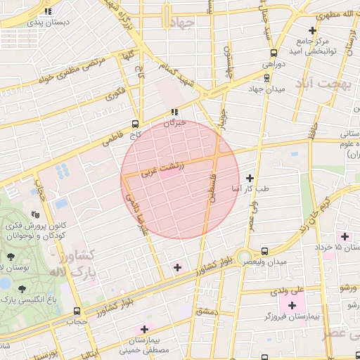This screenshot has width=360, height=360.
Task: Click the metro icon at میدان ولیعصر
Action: point(264,251)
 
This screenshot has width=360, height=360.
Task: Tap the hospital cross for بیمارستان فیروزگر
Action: point(292,305)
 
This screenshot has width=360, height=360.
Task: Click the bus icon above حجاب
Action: point(77,311)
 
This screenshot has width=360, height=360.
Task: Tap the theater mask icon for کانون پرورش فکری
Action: point(35,215)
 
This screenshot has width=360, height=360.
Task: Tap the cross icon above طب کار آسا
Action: point(251,179)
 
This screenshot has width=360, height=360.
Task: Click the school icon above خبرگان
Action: point(174,112)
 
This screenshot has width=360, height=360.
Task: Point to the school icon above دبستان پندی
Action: point(47,12)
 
